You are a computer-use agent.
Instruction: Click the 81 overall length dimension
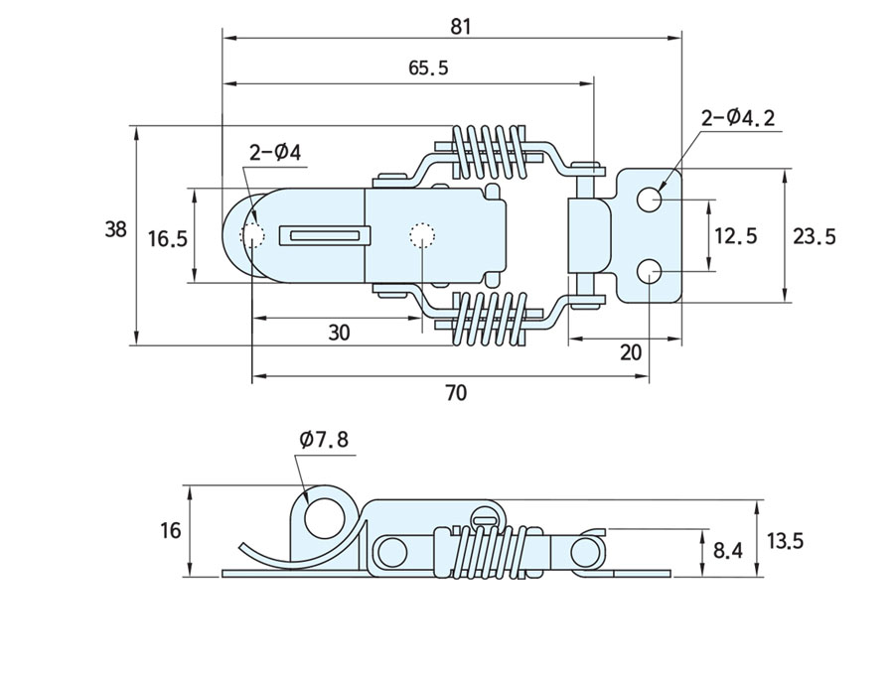tap(460, 27)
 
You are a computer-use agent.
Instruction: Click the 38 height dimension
tap(116, 229)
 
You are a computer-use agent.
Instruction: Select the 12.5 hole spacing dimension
tap(736, 235)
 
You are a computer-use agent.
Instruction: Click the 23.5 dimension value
tap(815, 235)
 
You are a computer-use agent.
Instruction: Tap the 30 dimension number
tap(339, 334)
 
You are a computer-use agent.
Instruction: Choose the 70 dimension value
tap(455, 393)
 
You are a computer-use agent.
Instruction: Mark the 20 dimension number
tap(630, 352)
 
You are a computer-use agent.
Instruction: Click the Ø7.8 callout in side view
tap(324, 439)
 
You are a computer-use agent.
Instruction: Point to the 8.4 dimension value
tap(728, 550)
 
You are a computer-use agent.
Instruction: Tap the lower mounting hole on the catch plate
tap(650, 270)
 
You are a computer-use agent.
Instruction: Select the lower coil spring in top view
tap(488, 317)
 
